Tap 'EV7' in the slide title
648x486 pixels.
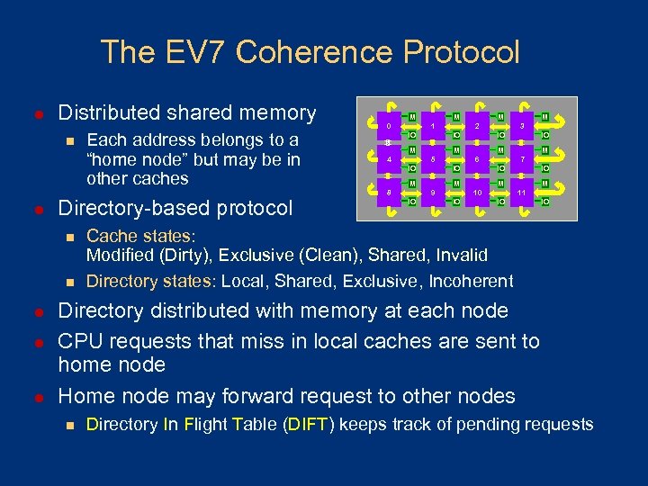(x=206, y=51)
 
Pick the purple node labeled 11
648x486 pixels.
(x=521, y=193)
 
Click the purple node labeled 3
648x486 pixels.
(x=521, y=126)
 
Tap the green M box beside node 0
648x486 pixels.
(x=411, y=117)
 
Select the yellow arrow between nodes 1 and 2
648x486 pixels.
(x=454, y=126)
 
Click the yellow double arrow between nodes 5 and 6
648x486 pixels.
(x=454, y=159)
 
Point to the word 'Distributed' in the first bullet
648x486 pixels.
(x=109, y=113)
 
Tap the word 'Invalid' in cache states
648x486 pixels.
(x=459, y=256)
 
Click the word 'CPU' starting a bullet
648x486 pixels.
(x=78, y=341)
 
